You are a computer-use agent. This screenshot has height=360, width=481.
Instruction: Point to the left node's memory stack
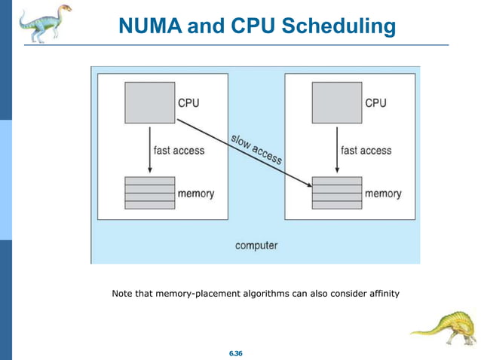[x=150, y=193]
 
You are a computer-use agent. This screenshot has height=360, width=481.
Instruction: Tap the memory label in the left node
[x=195, y=194]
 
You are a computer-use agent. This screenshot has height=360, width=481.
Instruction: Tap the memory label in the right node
[x=383, y=194]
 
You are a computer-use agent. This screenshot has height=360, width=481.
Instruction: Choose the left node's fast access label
[x=179, y=151]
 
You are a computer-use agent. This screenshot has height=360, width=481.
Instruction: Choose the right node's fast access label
[x=366, y=151]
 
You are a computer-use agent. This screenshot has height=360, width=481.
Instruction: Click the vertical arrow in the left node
[x=150, y=151]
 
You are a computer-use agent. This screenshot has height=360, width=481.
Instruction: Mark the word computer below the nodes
[x=256, y=245]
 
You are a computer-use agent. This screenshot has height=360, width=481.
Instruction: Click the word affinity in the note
[x=380, y=292]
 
